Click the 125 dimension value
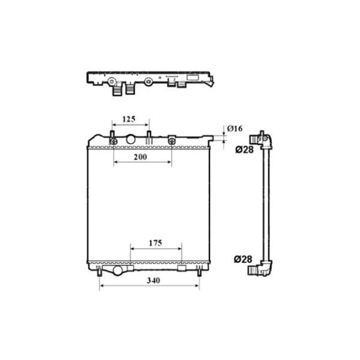click(129, 119)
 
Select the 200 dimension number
click(140, 157)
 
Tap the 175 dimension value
click(155, 243)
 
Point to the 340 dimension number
click(154, 281)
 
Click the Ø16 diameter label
click(235, 128)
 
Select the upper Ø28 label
click(244, 150)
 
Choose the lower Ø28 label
click(243, 259)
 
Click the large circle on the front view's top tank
click(131, 139)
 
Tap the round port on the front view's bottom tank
click(118, 271)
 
